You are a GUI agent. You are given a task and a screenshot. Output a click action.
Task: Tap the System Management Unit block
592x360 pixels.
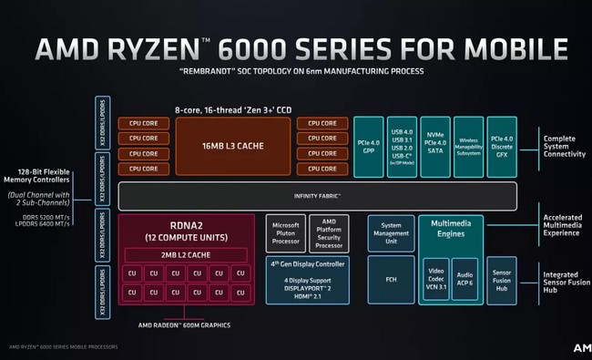[390, 233]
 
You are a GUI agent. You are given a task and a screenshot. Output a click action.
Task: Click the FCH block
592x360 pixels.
[390, 279]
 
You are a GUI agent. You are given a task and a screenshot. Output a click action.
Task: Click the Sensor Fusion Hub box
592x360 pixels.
[501, 279]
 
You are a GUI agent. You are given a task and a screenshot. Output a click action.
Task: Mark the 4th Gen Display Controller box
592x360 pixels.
[306, 279]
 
